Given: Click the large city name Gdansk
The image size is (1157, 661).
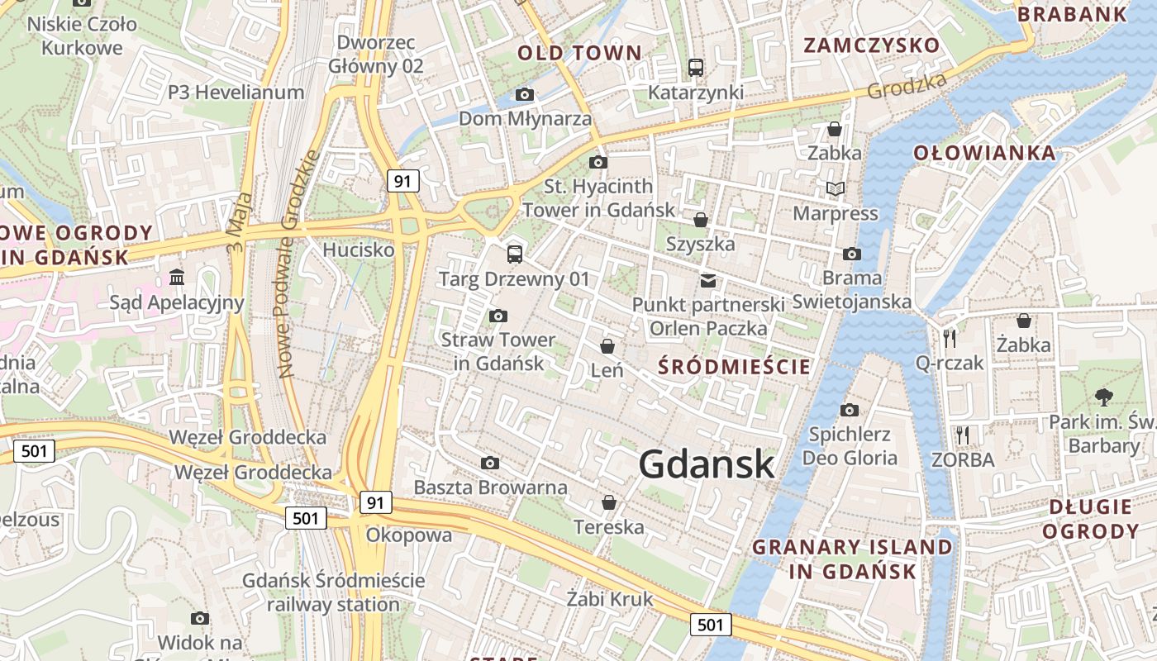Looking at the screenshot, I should [707, 464].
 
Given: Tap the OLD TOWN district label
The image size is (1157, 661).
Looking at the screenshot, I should [579, 54].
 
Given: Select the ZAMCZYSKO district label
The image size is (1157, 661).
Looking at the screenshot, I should [872, 45].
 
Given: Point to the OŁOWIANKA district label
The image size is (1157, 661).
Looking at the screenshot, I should [984, 153].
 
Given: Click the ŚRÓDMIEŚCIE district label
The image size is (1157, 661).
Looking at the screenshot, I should [735, 367].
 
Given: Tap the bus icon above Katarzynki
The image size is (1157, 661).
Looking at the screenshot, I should [696, 68].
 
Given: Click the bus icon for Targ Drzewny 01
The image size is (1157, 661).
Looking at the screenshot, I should [514, 254].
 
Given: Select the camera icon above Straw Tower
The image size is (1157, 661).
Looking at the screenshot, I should [498, 316].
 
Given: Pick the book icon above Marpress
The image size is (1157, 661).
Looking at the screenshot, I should [835, 189].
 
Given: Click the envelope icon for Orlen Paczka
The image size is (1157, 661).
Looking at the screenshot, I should [708, 281].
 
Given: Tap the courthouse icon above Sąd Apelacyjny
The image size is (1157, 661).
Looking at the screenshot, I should [177, 277].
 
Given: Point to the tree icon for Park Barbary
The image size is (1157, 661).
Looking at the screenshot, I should [1103, 397].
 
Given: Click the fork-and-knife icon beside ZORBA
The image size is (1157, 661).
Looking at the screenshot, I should [962, 435].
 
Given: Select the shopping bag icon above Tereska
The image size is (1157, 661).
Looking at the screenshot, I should [608, 502].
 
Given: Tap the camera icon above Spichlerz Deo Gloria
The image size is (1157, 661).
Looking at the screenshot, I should [849, 410].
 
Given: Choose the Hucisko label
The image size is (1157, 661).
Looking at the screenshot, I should [359, 250].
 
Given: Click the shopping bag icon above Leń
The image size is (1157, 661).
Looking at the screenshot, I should [607, 346].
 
